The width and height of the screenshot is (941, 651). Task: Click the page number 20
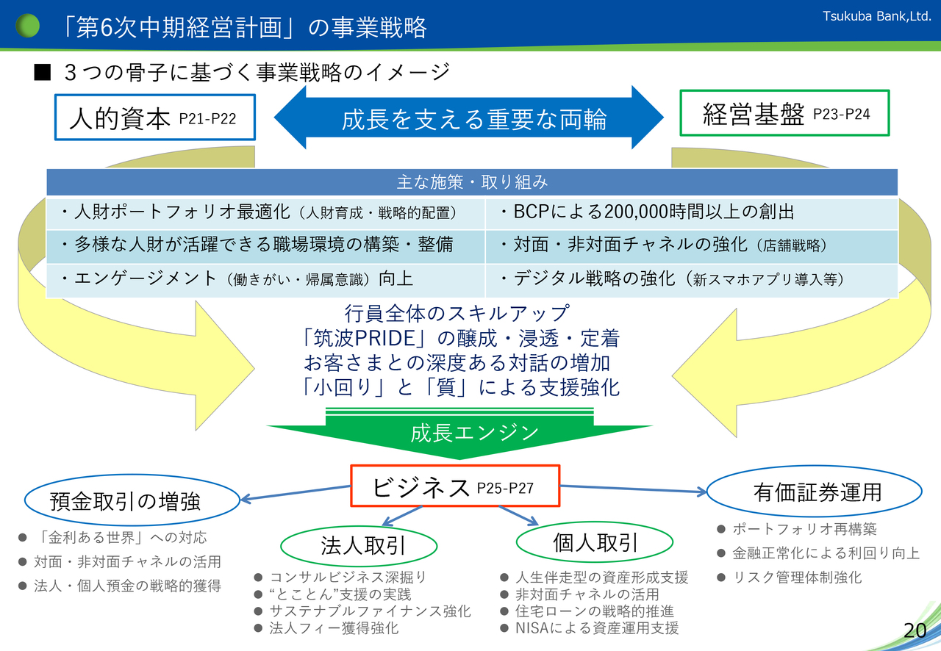click(915, 630)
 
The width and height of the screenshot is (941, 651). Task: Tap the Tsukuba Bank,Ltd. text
click(876, 15)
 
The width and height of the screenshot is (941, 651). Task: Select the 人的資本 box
click(154, 118)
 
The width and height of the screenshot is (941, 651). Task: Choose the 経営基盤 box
click(784, 113)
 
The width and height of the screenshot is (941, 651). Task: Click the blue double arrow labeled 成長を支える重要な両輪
click(469, 118)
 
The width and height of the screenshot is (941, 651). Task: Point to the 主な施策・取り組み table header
click(472, 181)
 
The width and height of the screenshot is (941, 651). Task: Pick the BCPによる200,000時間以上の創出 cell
click(691, 213)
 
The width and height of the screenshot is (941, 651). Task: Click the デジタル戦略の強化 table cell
click(691, 280)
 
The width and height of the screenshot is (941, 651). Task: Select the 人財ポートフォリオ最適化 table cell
click(265, 213)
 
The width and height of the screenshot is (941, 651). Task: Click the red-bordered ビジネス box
click(455, 486)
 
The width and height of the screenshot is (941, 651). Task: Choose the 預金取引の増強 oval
click(132, 501)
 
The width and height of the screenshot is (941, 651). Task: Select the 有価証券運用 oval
click(813, 492)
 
